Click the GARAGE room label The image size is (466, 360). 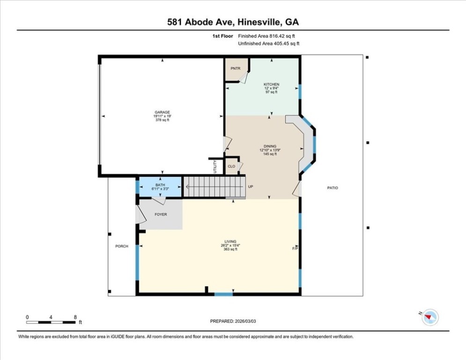pyautogui.click(x=162, y=112)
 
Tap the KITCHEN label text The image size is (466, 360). pyautogui.click(x=271, y=84)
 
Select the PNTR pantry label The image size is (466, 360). pyautogui.click(x=236, y=68)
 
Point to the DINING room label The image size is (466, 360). pyautogui.click(x=270, y=146)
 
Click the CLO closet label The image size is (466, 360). pyautogui.click(x=231, y=166)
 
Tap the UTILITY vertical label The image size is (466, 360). pyautogui.click(x=215, y=166)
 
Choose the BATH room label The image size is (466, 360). pyautogui.click(x=160, y=185)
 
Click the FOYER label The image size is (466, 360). pyautogui.click(x=161, y=214)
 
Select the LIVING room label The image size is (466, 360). pyautogui.click(x=230, y=241)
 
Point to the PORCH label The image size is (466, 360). pyautogui.click(x=122, y=246)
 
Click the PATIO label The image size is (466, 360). pyautogui.click(x=333, y=188)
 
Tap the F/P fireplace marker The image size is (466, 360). pyautogui.click(x=295, y=248)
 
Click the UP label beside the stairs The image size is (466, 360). pyautogui.click(x=251, y=187)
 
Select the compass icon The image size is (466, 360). pyautogui.click(x=430, y=317)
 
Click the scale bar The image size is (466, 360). pyautogui.click(x=51, y=322)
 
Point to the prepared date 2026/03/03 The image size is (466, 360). pyautogui.click(x=245, y=321)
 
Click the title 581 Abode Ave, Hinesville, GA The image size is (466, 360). pyautogui.click(x=233, y=22)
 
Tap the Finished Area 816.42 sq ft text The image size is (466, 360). pyautogui.click(x=266, y=36)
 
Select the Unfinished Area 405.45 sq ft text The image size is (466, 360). pyautogui.click(x=269, y=44)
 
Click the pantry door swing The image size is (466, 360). pyautogui.click(x=244, y=78)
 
